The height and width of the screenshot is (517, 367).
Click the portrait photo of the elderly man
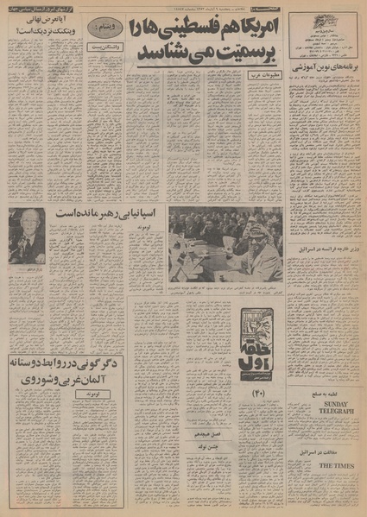27,235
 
